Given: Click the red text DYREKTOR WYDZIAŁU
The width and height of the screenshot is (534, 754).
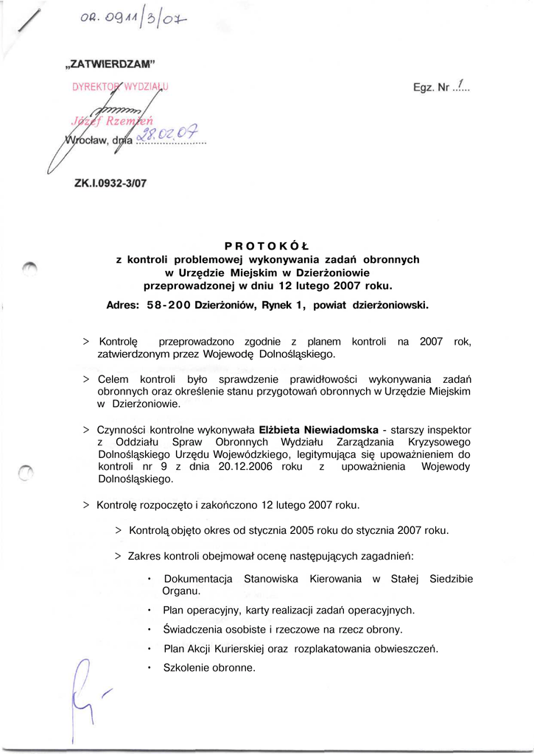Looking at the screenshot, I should (x=120, y=87).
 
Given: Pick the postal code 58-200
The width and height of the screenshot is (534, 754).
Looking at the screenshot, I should (x=169, y=304).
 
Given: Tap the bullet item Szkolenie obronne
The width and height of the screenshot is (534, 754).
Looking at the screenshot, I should (x=209, y=668).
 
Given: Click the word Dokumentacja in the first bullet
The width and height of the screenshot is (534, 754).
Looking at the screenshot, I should (x=198, y=579).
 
